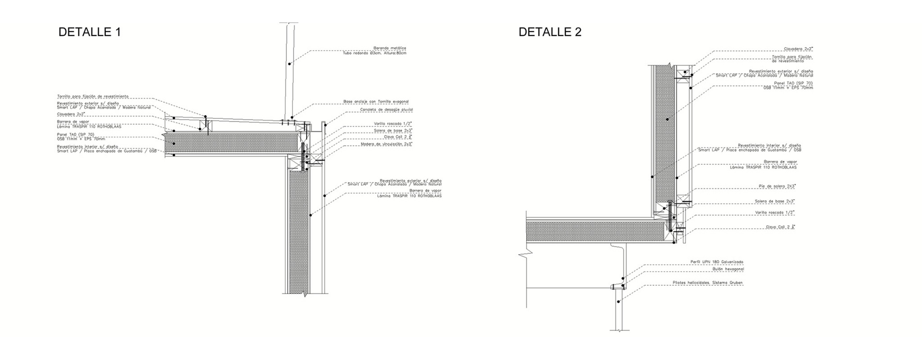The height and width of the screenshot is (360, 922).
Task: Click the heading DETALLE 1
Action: click(x=89, y=32)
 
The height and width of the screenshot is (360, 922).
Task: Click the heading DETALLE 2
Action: click(x=550, y=32)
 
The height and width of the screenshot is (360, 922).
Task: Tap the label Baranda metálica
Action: click(x=389, y=48)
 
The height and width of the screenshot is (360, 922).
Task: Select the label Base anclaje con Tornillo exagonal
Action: click(x=376, y=102)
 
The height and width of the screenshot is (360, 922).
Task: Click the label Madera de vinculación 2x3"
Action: click(x=386, y=144)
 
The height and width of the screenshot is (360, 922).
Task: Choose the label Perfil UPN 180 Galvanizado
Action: click(x=717, y=262)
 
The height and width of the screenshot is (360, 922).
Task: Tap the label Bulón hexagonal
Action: click(x=728, y=269)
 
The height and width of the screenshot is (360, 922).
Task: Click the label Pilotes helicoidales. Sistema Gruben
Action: click(x=707, y=283)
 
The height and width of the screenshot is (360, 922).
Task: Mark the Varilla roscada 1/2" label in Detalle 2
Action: click(x=775, y=213)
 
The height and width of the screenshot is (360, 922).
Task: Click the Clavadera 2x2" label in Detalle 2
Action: click(x=798, y=49)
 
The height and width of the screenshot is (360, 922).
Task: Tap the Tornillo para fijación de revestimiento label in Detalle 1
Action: click(x=93, y=97)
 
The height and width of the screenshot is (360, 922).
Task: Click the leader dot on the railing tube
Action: click(x=289, y=64)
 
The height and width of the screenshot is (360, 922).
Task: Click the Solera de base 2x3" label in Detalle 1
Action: click(x=393, y=131)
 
